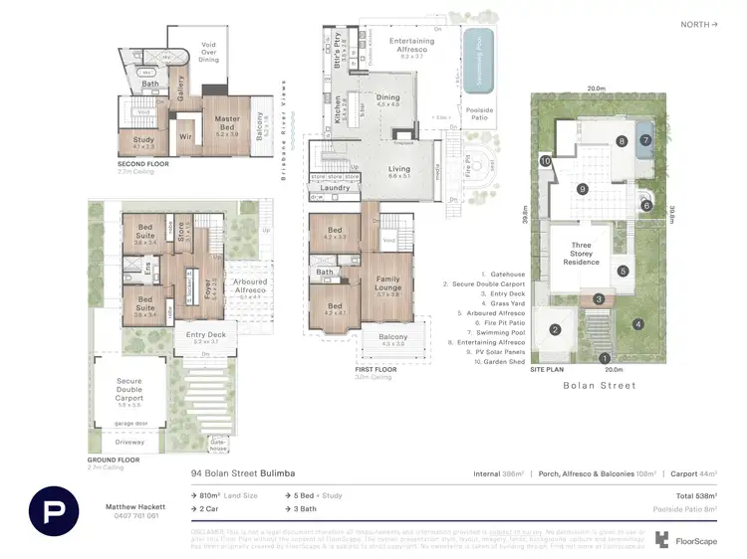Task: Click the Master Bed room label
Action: click(x=228, y=123)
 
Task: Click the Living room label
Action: click(x=399, y=172)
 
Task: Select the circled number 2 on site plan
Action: click(x=556, y=330)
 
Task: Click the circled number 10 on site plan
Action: click(x=545, y=160)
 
